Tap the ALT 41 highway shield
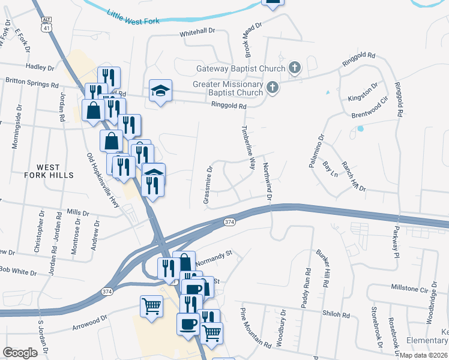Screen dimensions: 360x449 point(47,24)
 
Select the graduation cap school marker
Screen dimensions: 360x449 point(160,91)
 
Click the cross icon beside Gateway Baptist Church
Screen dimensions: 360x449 point(294,67)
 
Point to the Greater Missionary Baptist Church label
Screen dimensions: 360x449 point(228,88)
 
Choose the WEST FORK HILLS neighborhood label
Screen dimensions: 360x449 point(55,171)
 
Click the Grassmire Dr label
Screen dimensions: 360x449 point(208,185)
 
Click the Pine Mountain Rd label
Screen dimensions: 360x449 point(255,329)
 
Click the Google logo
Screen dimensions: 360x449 point(20,353)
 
